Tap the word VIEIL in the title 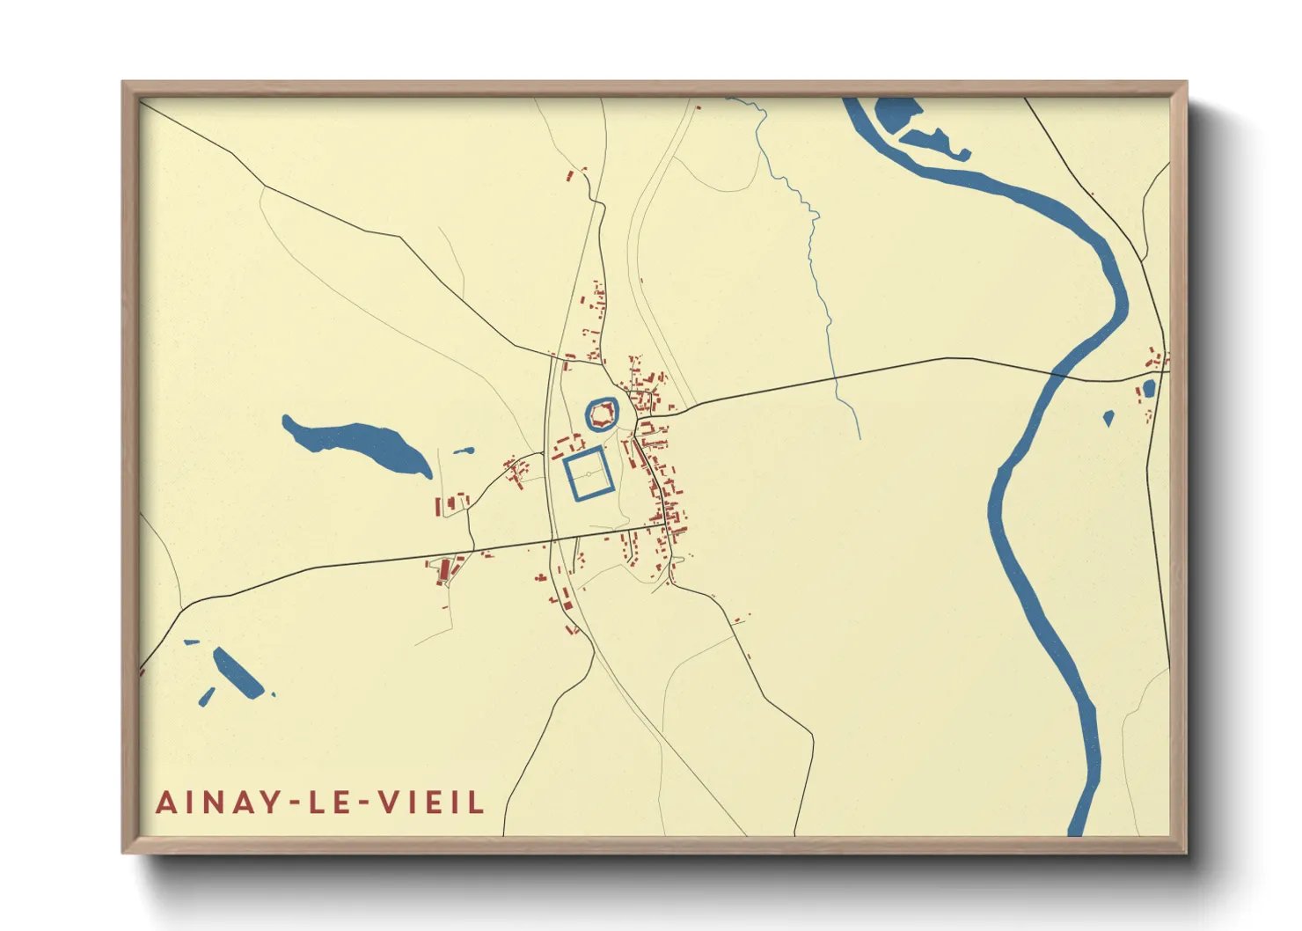pos(431,803)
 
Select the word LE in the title pos(325,803)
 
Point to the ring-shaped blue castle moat pos(589,414)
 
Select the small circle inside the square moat pos(589,474)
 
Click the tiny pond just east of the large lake pos(463,451)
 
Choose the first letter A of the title pos(165,803)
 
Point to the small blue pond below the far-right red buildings pos(1148,388)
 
